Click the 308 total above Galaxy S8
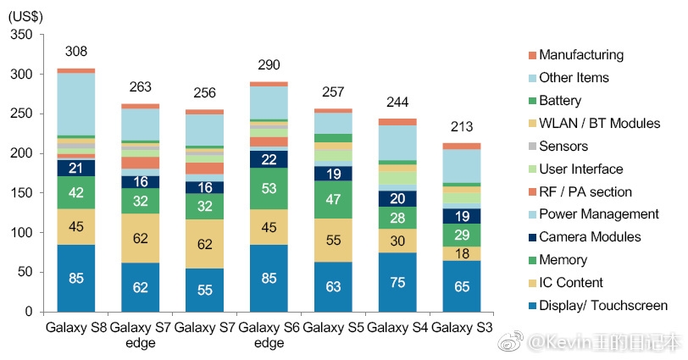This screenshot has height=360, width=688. [x=75, y=53]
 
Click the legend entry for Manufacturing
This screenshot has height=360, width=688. [x=580, y=55]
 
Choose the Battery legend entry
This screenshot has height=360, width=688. [x=560, y=101]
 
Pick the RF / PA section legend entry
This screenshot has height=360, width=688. [x=585, y=192]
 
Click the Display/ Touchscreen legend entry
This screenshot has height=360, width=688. [x=602, y=306]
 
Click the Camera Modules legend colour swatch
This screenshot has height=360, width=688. [x=531, y=238]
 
